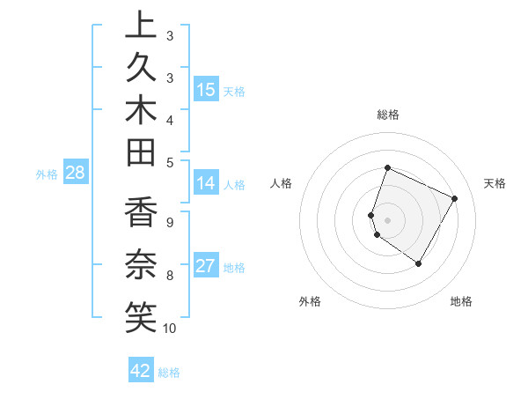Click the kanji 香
tap(140, 214)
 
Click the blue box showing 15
tap(206, 90)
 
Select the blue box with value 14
tap(206, 183)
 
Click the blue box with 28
tap(75, 173)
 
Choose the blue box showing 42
tap(141, 371)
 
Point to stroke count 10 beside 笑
tap(170, 329)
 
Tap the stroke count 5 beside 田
tap(170, 162)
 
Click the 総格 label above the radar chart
tap(388, 115)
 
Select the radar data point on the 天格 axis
tap(455, 198)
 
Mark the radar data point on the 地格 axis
tap(419, 263)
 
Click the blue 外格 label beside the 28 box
tap(47, 174)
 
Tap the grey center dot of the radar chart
tap(388, 219)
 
